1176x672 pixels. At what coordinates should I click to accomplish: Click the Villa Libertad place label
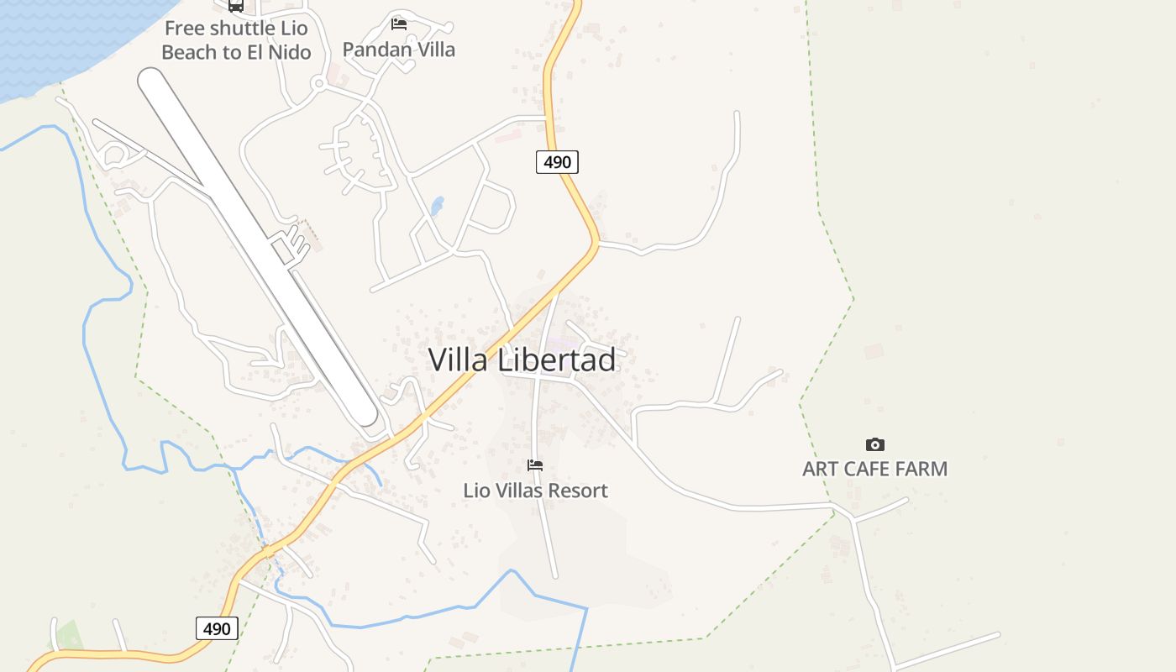pos(522,360)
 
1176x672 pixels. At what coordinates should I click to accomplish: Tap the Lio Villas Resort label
pos(535,490)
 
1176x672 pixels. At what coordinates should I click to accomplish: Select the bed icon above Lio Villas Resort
pos(535,465)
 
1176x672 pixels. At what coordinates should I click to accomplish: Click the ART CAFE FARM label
pos(874,469)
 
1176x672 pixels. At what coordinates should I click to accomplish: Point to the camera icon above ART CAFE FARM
pos(874,444)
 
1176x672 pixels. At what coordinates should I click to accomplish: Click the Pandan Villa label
pos(399,50)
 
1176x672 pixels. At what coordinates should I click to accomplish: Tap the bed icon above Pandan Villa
pos(399,24)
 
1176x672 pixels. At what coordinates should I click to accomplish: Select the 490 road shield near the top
pos(557,162)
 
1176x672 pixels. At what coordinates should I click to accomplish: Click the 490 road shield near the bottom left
pos(217,628)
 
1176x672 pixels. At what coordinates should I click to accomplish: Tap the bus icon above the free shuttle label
pos(236,6)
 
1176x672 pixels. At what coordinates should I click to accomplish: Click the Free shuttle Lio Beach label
pos(236,40)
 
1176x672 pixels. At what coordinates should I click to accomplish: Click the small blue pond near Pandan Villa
pos(437,206)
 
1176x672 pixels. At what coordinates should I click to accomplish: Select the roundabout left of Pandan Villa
pos(318,83)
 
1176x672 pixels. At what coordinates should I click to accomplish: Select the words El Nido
pos(279,52)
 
